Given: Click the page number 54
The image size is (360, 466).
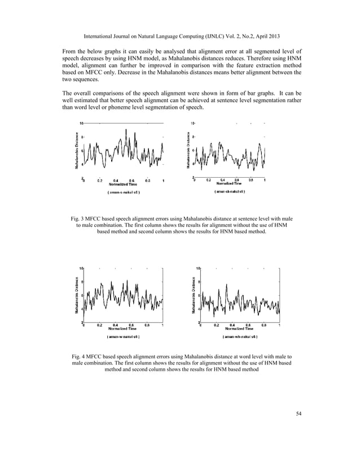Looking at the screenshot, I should point(299,415).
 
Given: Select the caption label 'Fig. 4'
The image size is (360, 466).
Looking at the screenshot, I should point(82,357).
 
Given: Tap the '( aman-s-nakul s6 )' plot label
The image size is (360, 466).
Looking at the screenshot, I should point(124,192).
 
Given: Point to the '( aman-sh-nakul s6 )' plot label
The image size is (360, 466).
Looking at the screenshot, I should point(229,192).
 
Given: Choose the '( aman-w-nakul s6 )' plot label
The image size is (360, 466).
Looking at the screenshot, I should point(123,337).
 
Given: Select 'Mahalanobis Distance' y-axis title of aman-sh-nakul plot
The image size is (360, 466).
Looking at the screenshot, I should point(188,150).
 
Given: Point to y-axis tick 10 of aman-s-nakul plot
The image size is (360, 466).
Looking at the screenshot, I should point(81,122).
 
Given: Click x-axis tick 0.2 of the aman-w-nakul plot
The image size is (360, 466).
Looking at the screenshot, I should point(99,325).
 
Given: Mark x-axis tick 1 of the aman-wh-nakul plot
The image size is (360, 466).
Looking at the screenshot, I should point(280,325).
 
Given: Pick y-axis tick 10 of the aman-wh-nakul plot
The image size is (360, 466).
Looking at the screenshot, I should point(198,268).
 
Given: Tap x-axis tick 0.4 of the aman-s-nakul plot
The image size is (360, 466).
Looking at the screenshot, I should point(116,181).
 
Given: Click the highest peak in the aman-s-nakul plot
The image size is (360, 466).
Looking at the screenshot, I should point(126,130).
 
